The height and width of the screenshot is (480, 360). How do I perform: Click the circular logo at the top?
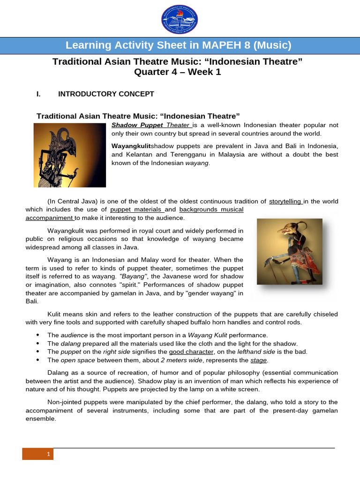tap(180, 19)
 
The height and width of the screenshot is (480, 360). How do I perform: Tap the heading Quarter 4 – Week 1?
tap(177, 72)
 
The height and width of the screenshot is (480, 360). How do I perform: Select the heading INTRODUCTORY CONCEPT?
tap(106, 94)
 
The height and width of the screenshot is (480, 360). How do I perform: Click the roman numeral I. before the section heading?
tap(39, 94)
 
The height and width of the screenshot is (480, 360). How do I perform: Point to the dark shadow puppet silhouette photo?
tap(70, 155)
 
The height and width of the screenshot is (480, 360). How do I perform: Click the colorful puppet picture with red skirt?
tap(290, 252)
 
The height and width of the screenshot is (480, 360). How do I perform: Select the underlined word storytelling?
tap(285, 201)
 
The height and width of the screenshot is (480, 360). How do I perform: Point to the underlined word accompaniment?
tap(49, 218)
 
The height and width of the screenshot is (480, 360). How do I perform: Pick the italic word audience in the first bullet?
tap(74, 335)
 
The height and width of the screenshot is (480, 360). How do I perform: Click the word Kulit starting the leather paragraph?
tap(55, 314)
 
